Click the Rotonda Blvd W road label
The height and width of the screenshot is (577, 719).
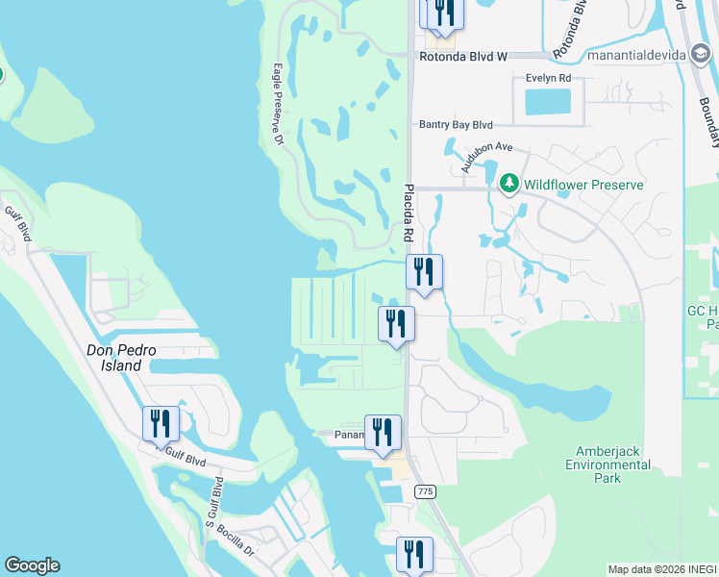(x=463, y=57)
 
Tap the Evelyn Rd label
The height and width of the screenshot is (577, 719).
(x=548, y=78)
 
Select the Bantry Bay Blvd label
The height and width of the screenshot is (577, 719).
(x=456, y=125)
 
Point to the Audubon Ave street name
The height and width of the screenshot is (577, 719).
(x=486, y=159)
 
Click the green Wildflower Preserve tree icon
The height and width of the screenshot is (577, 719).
(x=508, y=182)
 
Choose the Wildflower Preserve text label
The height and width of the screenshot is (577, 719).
(x=583, y=182)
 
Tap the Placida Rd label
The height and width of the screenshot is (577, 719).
(x=409, y=213)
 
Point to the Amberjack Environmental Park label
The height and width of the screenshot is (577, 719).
(x=613, y=464)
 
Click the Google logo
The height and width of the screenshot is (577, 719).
(x=32, y=565)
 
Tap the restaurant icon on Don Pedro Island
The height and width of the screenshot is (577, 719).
(x=161, y=424)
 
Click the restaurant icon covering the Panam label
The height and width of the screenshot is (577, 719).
(x=383, y=432)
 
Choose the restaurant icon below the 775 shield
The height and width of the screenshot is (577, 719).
(x=414, y=554)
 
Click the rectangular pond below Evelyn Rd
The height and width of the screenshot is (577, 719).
(x=548, y=101)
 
